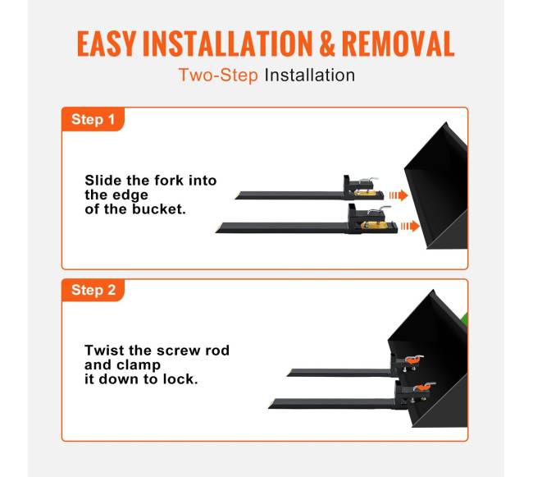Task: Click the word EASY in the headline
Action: pos(107,44)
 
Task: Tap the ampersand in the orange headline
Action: pos(327,44)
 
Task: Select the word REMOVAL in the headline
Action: pos(398,44)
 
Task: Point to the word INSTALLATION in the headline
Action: pos(227,44)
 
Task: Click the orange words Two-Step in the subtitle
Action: pos(218,76)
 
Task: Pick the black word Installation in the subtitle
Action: pos(310,75)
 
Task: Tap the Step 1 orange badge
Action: pos(93,119)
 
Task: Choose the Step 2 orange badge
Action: pos(93,290)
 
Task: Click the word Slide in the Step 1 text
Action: pos(103,180)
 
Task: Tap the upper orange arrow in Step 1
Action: pos(399,195)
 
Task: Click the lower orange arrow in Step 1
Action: pos(410,226)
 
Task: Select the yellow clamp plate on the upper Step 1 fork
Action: pos(365,193)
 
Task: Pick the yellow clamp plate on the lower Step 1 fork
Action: pos(375,225)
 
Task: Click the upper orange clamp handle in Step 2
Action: pos(414,359)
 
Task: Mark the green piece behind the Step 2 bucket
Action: pos(464,320)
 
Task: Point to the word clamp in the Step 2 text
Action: pos(139,365)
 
